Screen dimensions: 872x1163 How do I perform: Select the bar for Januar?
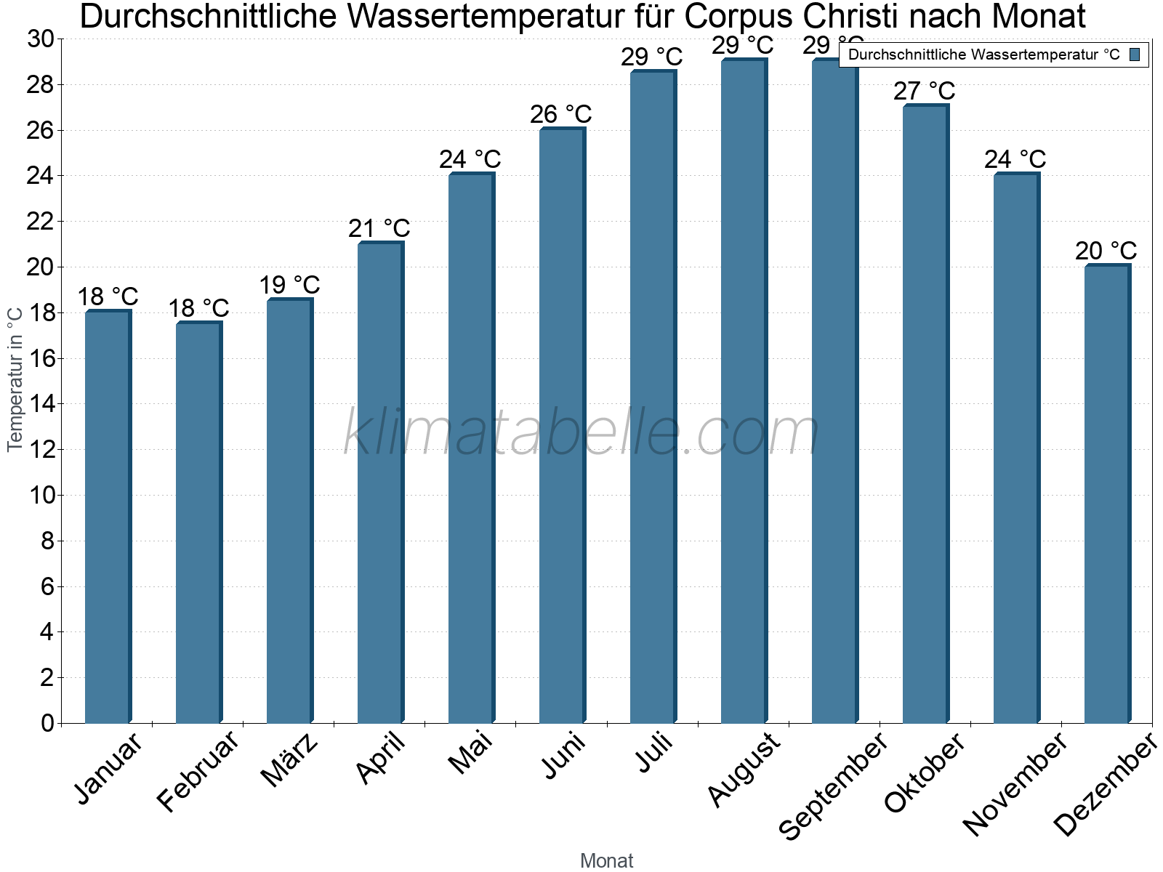click(108, 517)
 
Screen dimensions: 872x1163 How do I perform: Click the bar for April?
click(380, 483)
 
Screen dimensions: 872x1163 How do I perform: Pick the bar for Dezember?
click(1107, 494)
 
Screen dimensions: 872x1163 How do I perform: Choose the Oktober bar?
click(925, 414)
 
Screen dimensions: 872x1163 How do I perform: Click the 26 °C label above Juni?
click(561, 114)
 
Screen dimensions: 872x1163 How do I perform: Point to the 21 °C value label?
click(379, 228)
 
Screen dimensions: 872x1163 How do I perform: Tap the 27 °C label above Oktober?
click(925, 91)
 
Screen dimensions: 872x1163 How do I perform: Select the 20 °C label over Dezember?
click(1106, 251)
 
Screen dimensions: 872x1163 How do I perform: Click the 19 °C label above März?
click(290, 285)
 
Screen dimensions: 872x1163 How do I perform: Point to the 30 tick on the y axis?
click(41, 39)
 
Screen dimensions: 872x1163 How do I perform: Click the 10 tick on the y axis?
click(41, 496)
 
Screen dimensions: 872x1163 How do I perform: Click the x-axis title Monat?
click(607, 860)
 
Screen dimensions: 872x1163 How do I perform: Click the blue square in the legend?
click(1135, 54)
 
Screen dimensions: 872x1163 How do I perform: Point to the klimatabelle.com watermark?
click(581, 433)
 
